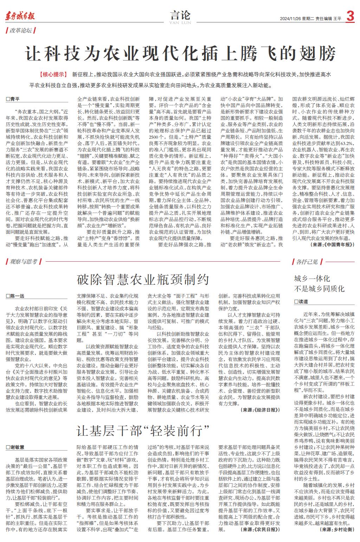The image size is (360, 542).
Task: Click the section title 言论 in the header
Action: pos(180,15)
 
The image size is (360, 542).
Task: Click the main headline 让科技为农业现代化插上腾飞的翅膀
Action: pos(180,54)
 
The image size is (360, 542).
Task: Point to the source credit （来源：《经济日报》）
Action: pos(261,410)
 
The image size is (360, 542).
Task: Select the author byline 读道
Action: pos(303,301)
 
